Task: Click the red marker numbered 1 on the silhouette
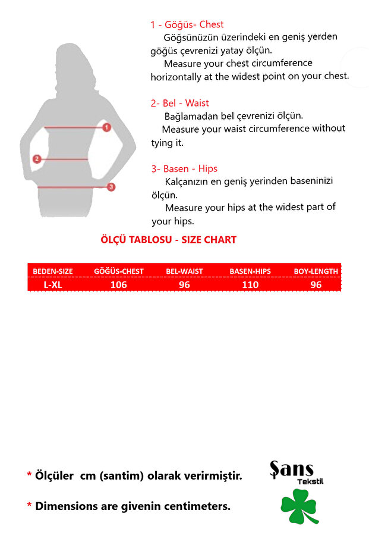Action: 106,127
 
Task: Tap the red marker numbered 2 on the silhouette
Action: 37,159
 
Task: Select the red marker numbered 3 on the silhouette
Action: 111,187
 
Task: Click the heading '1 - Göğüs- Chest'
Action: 187,24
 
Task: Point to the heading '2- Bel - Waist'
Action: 179,103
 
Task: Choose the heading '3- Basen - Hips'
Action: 184,168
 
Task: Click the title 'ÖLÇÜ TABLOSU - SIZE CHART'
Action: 168,240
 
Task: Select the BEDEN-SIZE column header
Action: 53,271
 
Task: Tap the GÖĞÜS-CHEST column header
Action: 119,271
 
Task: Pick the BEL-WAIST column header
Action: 184,271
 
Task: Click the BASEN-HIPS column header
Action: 250,271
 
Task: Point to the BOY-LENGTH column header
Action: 316,271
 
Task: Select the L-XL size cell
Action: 53,284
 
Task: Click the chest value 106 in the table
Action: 119,284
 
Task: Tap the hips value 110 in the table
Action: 250,284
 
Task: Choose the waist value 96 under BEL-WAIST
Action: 184,284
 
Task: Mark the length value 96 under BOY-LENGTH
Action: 316,284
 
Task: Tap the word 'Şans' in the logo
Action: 291,470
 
